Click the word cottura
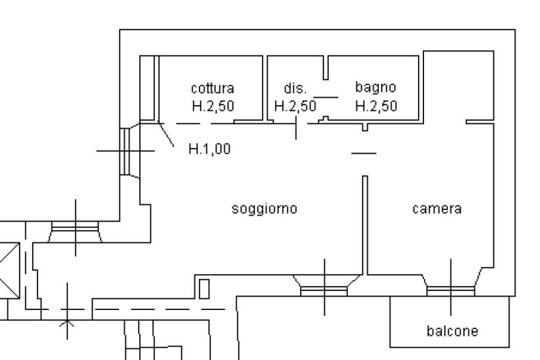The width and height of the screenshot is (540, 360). (213, 87)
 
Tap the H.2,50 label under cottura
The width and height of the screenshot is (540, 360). (213, 106)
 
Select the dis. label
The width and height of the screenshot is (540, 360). (295, 87)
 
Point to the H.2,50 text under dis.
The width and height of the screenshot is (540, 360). (295, 106)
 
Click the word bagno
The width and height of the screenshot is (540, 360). (375, 87)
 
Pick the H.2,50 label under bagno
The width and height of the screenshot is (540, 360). (376, 106)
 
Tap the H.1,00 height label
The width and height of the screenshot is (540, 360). (209, 149)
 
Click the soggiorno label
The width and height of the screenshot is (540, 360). (265, 209)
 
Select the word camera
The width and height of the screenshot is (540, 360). (437, 209)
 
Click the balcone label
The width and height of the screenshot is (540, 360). (452, 331)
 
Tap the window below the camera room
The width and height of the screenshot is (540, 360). (450, 289)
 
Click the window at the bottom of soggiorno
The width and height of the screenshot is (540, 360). (324, 289)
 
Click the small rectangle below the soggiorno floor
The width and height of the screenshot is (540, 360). (204, 288)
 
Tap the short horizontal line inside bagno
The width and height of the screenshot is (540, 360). (326, 97)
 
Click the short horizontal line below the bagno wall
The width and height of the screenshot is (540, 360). (364, 153)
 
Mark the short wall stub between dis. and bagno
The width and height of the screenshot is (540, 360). (326, 67)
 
